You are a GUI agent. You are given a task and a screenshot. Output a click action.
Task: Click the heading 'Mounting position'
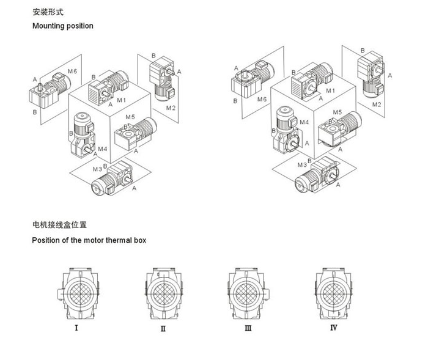point(62,26)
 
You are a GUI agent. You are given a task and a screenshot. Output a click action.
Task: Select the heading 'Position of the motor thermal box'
point(89,240)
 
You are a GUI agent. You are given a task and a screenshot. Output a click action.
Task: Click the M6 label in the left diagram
point(72,72)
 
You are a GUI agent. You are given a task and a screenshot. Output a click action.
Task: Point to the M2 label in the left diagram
point(171,108)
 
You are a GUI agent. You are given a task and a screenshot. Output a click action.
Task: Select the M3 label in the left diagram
point(97,169)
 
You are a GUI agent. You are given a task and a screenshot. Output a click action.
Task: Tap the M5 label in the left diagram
point(130,117)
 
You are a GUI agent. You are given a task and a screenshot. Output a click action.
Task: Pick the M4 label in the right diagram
point(304,122)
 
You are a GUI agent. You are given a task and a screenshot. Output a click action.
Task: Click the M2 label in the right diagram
point(377,105)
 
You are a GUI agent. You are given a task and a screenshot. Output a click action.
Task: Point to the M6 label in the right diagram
point(262,99)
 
